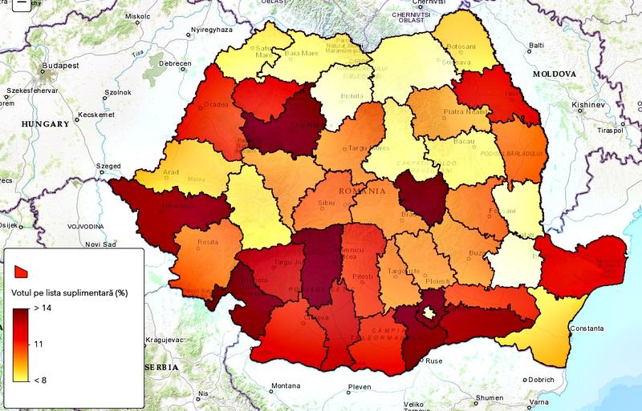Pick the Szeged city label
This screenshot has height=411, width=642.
[x=107, y=166]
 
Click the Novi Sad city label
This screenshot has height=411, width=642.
[x=101, y=244]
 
